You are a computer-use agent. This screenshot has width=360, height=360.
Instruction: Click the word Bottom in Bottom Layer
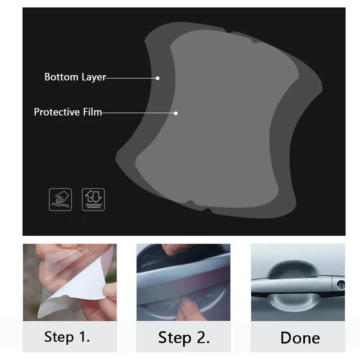(x=61, y=77)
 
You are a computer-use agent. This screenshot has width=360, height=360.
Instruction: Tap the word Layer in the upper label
(x=93, y=77)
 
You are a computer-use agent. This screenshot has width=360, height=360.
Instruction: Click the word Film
(x=92, y=112)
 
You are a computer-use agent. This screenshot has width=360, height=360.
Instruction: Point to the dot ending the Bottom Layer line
(x=157, y=78)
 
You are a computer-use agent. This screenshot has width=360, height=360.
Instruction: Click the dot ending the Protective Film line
(x=176, y=113)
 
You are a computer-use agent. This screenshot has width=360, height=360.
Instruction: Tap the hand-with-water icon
(x=60, y=200)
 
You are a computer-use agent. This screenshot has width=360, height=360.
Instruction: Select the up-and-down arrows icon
(x=93, y=200)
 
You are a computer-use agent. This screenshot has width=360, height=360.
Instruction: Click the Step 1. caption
(x=67, y=337)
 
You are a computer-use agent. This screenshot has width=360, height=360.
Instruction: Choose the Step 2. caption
(x=184, y=337)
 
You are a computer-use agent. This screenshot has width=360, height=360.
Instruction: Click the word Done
(x=300, y=337)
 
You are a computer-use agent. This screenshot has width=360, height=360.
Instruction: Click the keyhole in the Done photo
(x=341, y=284)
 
